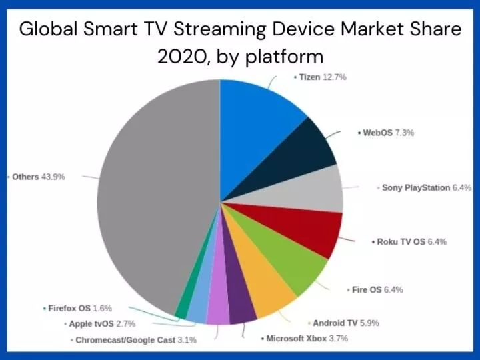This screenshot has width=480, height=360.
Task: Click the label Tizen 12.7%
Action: coord(319,77)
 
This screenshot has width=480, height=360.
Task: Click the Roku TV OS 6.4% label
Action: coord(408,242)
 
